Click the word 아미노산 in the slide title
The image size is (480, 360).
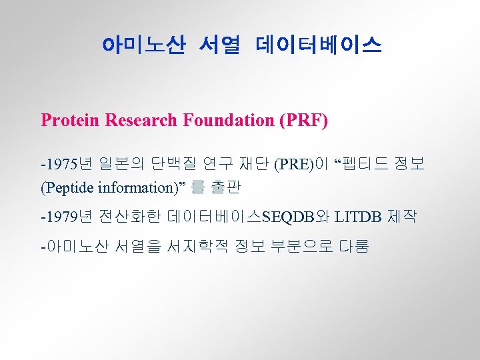tap(143, 45)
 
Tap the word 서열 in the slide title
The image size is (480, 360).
tap(219, 45)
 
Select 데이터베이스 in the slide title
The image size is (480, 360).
tap(318, 45)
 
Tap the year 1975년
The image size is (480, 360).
tap(67, 163)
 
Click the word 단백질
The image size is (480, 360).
tap(175, 163)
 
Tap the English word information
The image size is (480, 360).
tap(137, 187)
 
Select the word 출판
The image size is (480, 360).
tap(225, 187)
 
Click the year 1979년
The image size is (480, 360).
tap(67, 217)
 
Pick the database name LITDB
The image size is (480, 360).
tap(359, 217)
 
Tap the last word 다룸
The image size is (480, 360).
tap(353, 247)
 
